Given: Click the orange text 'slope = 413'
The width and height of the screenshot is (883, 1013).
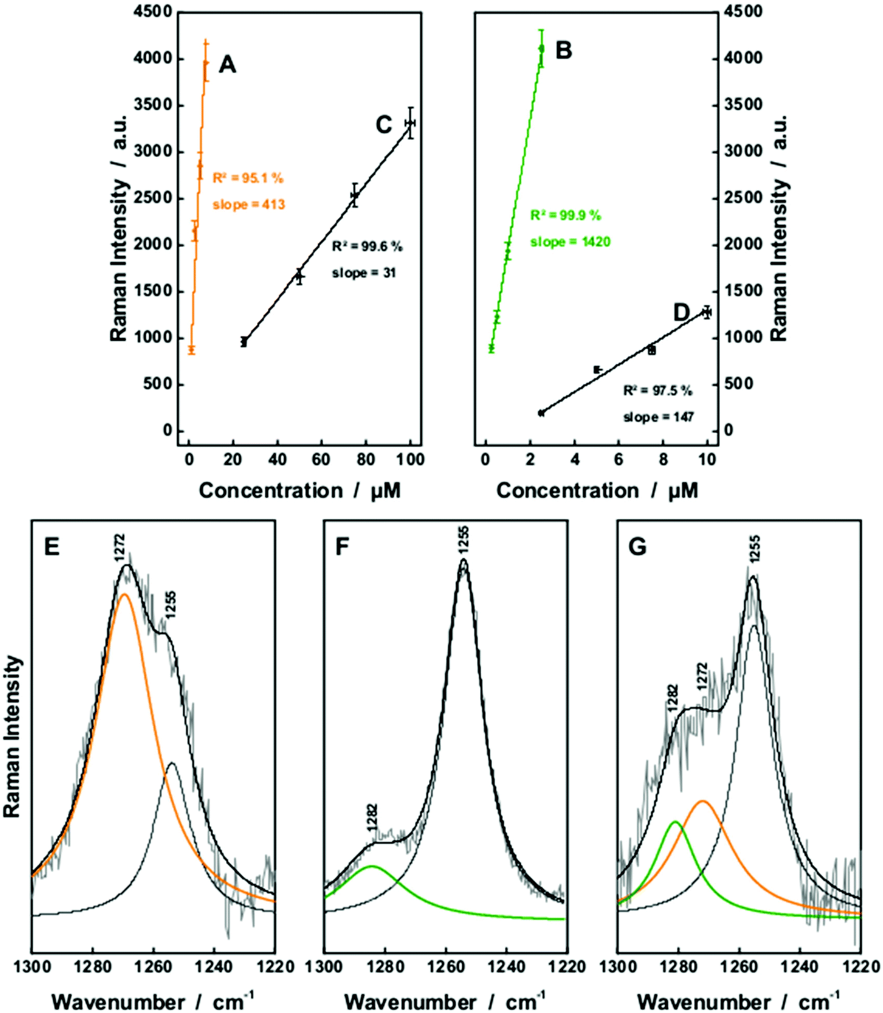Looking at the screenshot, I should pos(248,204).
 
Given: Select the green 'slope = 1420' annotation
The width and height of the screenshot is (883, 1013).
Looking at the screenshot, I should pos(570,242).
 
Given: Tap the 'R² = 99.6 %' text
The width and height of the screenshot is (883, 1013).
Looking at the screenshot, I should pos(367,247).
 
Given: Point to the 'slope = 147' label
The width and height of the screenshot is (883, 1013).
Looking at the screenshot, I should pos(658,417).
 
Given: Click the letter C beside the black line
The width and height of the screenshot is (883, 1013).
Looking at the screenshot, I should pos(384,125).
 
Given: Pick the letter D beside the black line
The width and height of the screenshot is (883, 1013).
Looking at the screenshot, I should pos(681,312).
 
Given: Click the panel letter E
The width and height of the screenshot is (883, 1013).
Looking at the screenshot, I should pos(52,547).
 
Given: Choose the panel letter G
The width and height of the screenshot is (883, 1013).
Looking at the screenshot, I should pos(637,547).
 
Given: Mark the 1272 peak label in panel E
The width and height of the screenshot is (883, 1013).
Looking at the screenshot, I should pos(120,547).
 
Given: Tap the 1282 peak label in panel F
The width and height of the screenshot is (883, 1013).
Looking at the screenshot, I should pos(373,817).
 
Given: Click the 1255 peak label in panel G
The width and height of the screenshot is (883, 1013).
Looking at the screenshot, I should pos(754,548).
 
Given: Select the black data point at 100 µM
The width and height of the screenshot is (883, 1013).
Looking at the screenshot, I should pos(410,123).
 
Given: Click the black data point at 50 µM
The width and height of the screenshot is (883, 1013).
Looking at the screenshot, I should pos(299,276).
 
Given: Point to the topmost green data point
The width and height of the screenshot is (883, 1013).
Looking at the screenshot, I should pos(541,48).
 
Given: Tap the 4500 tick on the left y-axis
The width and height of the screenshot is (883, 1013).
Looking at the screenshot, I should pos(153,12).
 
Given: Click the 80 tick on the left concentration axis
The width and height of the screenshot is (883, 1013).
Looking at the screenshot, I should pos(366,460).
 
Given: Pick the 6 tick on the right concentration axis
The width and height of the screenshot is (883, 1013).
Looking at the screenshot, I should pos(618,460).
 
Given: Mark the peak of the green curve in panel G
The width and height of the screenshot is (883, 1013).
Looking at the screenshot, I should pos(675,822).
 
